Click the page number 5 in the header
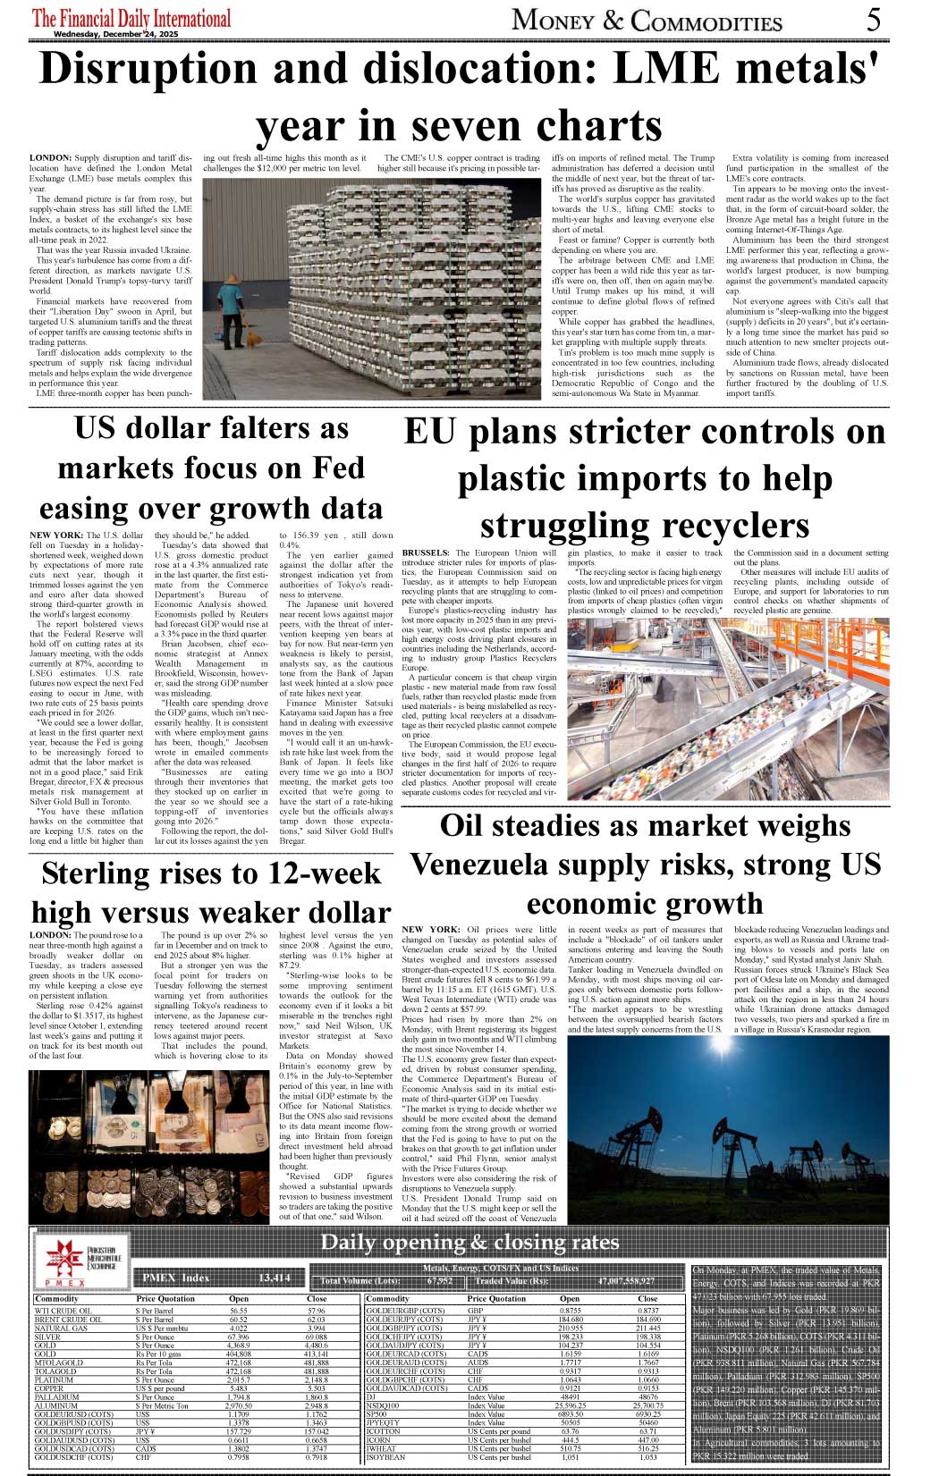(873, 20)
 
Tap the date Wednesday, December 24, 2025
(115, 34)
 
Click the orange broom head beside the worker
(254, 340)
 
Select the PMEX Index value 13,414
(274, 1278)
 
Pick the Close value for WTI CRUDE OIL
(317, 1312)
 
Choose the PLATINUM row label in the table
(55, 1380)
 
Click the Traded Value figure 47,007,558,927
(626, 1281)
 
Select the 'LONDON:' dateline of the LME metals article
(49, 158)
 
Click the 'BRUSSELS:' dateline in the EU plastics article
(426, 553)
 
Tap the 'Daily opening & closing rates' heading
(469, 1243)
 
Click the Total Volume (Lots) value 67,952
(440, 1281)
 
